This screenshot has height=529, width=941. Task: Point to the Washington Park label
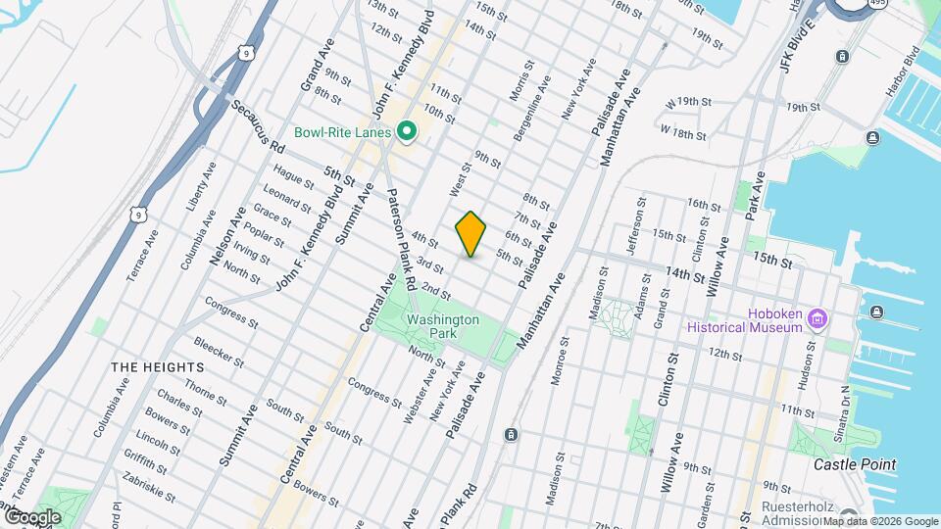pyautogui.click(x=443, y=326)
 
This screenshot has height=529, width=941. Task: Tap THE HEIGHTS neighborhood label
pyautogui.click(x=157, y=366)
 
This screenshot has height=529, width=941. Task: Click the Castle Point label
pyautogui.click(x=855, y=463)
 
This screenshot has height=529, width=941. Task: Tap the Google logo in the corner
pyautogui.click(x=31, y=516)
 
